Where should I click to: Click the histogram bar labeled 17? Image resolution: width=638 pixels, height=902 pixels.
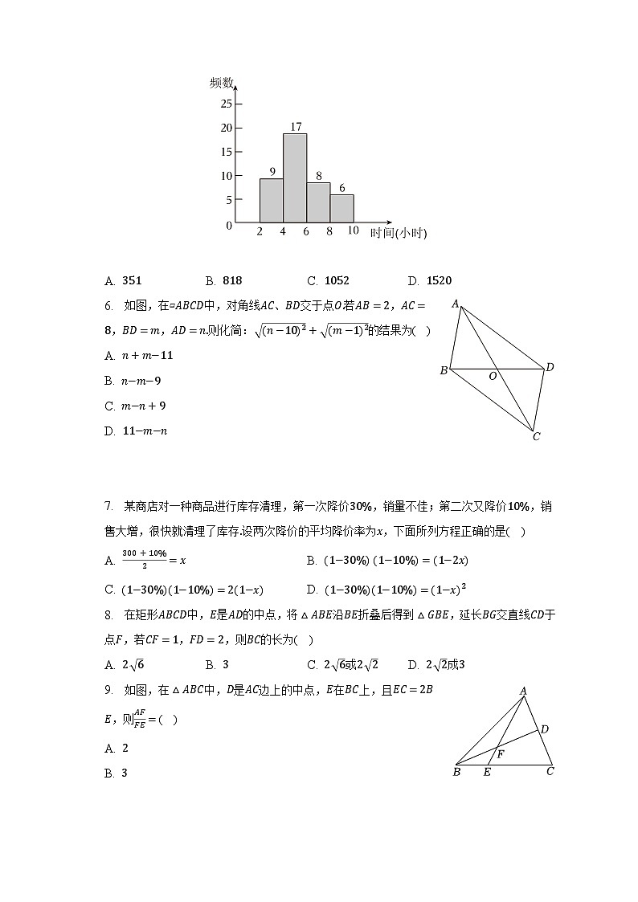coord(295,178)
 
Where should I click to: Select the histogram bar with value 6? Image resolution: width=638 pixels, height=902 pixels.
coord(341,208)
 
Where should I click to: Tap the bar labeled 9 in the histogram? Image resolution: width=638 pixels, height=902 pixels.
coord(272,200)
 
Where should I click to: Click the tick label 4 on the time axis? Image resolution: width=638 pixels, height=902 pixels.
coord(283,231)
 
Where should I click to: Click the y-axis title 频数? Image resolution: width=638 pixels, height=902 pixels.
coord(221,82)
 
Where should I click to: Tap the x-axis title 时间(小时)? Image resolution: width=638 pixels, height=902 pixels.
coord(398,233)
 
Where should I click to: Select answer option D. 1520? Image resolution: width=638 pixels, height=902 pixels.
coord(430,280)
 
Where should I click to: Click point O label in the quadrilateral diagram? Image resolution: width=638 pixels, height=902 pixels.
coord(493,376)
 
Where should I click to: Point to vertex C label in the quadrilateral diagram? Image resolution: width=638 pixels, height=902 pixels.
coord(536,437)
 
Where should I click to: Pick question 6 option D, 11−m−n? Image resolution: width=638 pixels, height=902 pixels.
coord(136,431)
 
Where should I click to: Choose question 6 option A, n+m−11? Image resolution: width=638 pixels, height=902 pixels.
coord(138,356)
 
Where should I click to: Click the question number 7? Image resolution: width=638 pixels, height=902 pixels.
coord(108,506)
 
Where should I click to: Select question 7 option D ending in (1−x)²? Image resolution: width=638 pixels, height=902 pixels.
coord(386,590)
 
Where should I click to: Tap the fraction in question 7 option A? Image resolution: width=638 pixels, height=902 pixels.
coord(144,559)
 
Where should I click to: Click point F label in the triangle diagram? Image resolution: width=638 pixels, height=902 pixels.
coord(500,755)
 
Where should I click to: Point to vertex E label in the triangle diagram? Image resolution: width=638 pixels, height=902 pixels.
coord(486,773)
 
